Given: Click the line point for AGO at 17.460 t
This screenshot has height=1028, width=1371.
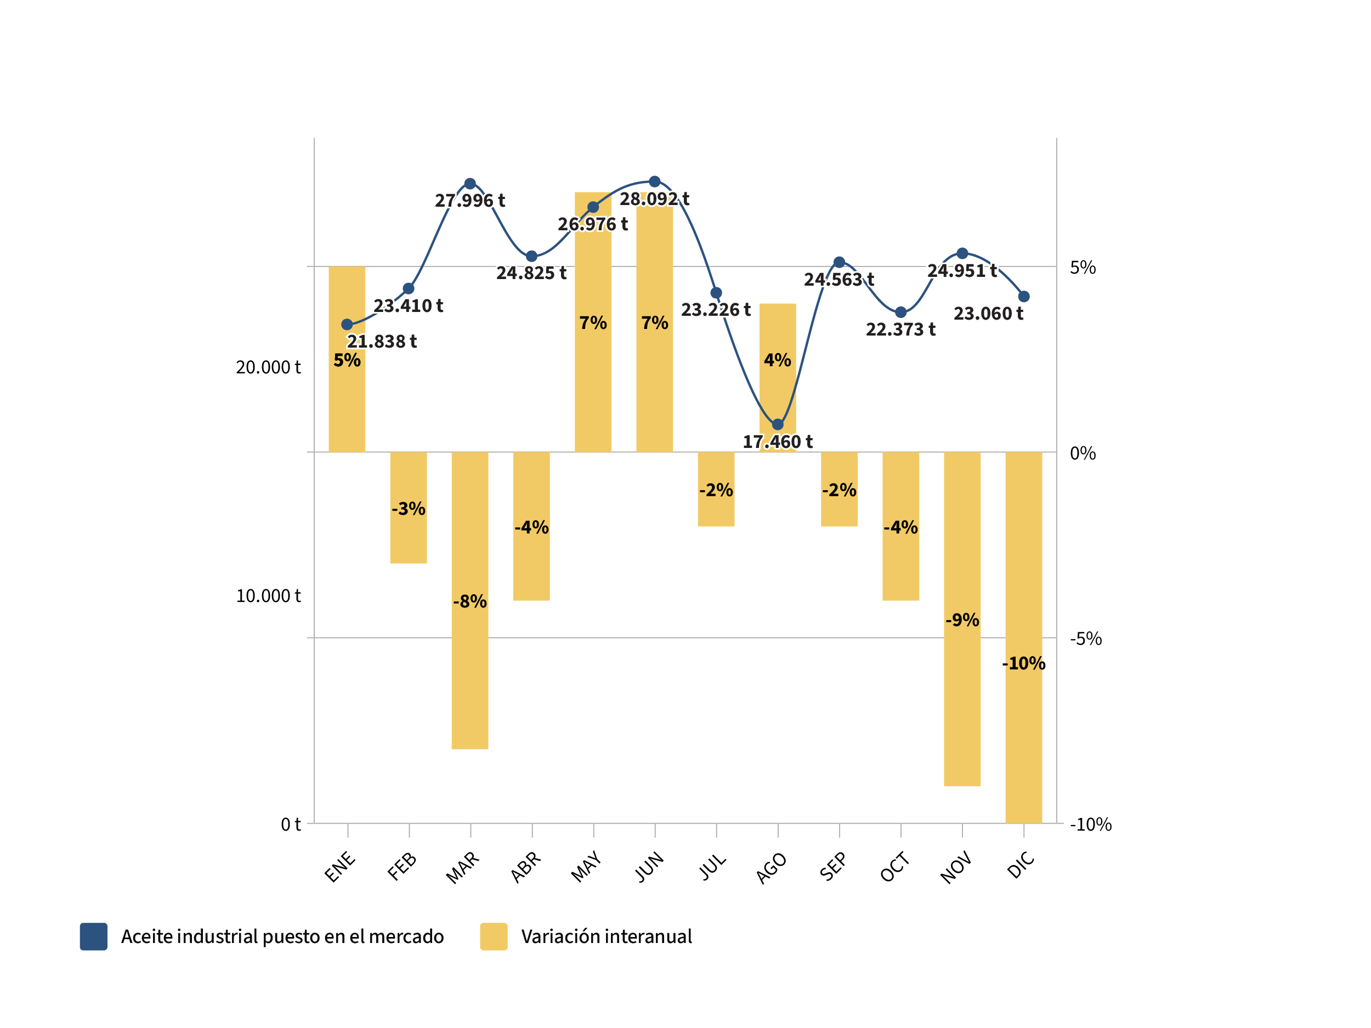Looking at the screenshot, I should pyautogui.click(x=777, y=424).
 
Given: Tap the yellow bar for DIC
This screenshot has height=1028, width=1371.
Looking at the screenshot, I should pyautogui.click(x=1023, y=743).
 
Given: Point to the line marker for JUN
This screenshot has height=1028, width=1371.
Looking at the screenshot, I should pyautogui.click(x=654, y=181).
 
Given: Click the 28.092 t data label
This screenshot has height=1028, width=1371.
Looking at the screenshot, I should pyautogui.click(x=654, y=199).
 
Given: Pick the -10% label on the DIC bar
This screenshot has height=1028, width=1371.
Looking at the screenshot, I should pyautogui.click(x=1023, y=663).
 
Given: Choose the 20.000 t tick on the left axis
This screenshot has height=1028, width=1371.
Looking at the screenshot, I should pyautogui.click(x=268, y=367).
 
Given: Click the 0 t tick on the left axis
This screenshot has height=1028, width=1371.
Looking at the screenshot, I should pyautogui.click(x=291, y=825).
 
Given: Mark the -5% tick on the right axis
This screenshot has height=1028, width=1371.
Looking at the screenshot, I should pyautogui.click(x=1085, y=639).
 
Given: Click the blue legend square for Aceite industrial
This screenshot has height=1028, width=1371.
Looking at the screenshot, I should pyautogui.click(x=94, y=936).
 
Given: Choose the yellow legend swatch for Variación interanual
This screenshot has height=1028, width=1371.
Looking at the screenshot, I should pyautogui.click(x=494, y=936).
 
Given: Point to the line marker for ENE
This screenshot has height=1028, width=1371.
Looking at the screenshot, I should pyautogui.click(x=347, y=325).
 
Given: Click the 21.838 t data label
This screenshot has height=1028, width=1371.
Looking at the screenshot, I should pyautogui.click(x=381, y=342).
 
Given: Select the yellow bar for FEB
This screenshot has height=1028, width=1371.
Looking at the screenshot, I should pyautogui.click(x=409, y=539).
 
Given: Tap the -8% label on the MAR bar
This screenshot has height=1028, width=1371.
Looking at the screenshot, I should pyautogui.click(x=470, y=601).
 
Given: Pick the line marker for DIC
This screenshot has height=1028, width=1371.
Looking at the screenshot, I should pyautogui.click(x=1024, y=297).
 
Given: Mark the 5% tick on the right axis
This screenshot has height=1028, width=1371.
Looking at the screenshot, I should pyautogui.click(x=1082, y=268).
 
